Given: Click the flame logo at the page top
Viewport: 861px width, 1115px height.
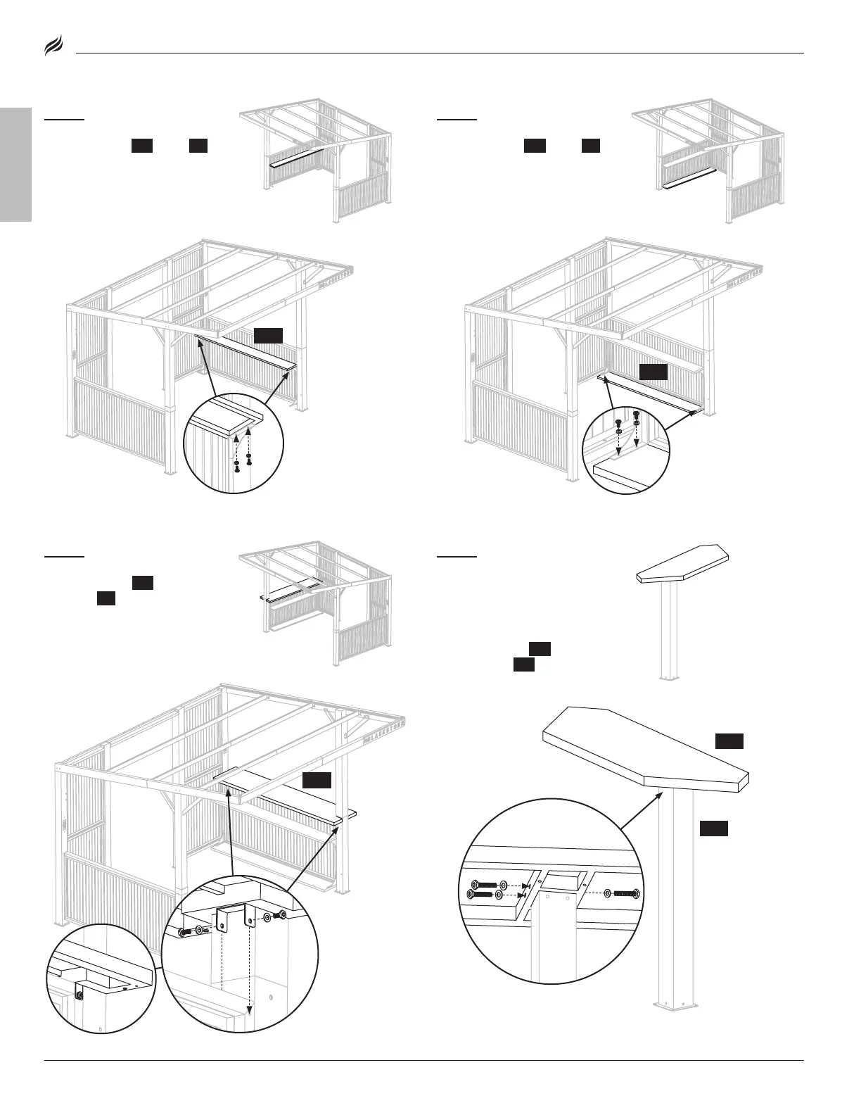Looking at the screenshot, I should click(x=54, y=48).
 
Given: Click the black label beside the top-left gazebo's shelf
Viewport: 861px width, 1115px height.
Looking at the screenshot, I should click(x=268, y=335).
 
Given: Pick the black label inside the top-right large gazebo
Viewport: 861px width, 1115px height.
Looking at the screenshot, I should click(x=653, y=372).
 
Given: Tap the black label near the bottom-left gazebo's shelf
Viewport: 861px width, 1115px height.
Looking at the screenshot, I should click(x=317, y=781).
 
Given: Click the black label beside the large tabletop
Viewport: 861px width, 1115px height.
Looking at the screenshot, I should click(x=729, y=741).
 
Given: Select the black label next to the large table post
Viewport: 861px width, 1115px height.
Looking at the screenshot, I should click(x=713, y=829).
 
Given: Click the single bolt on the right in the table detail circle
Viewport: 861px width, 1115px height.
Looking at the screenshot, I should click(x=625, y=894).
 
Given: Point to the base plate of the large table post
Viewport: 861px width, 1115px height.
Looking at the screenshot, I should click(x=676, y=1004).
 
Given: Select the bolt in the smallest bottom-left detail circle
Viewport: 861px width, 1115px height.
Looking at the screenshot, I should click(x=79, y=995).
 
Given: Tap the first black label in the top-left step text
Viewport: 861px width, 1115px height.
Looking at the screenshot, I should click(x=142, y=146).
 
